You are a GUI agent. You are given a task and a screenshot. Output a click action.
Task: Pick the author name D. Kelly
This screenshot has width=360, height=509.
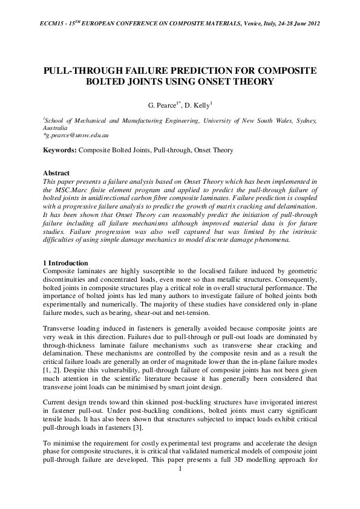click(x=197, y=104)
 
